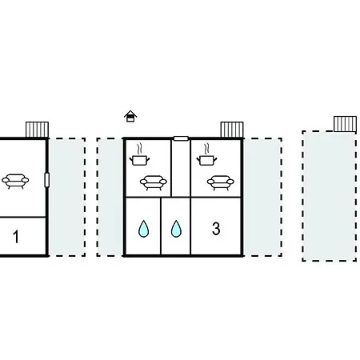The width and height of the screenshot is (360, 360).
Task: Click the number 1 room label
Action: pyautogui.click(x=16, y=237)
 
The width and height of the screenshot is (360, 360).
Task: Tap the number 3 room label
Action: pyautogui.click(x=216, y=229)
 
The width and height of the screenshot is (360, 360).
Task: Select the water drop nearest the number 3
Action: pyautogui.click(x=176, y=229)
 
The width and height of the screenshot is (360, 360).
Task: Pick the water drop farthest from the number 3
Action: pyautogui.click(x=144, y=229)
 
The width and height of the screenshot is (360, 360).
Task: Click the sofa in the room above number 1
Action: pyautogui.click(x=15, y=182)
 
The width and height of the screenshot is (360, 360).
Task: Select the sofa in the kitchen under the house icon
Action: pyautogui.click(x=154, y=182)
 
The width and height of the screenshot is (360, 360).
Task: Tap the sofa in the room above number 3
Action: pyautogui.click(x=221, y=182)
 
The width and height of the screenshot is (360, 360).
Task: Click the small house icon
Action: pyautogui.click(x=130, y=116)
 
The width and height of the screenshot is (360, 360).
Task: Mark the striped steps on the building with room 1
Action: pyautogui.click(x=37, y=130)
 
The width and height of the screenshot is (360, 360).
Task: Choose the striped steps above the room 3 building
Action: pyautogui.click(x=232, y=130)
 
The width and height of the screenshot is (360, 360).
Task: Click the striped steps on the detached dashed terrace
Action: pyautogui.click(x=345, y=124)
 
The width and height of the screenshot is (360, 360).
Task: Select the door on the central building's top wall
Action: pyautogui.click(x=181, y=138)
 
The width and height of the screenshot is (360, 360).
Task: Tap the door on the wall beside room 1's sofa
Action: pyautogui.click(x=47, y=180)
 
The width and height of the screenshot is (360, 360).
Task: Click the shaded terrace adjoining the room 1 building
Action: pyautogui.click(x=66, y=197)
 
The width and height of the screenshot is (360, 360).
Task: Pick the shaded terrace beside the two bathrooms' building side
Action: pyautogui.click(x=110, y=197)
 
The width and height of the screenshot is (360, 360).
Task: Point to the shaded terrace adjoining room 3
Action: pyautogui.click(x=262, y=197)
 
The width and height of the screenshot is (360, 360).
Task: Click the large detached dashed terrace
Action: pyautogui.click(x=329, y=196)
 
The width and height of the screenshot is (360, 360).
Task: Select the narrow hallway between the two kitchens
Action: pyautogui.click(x=181, y=169)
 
